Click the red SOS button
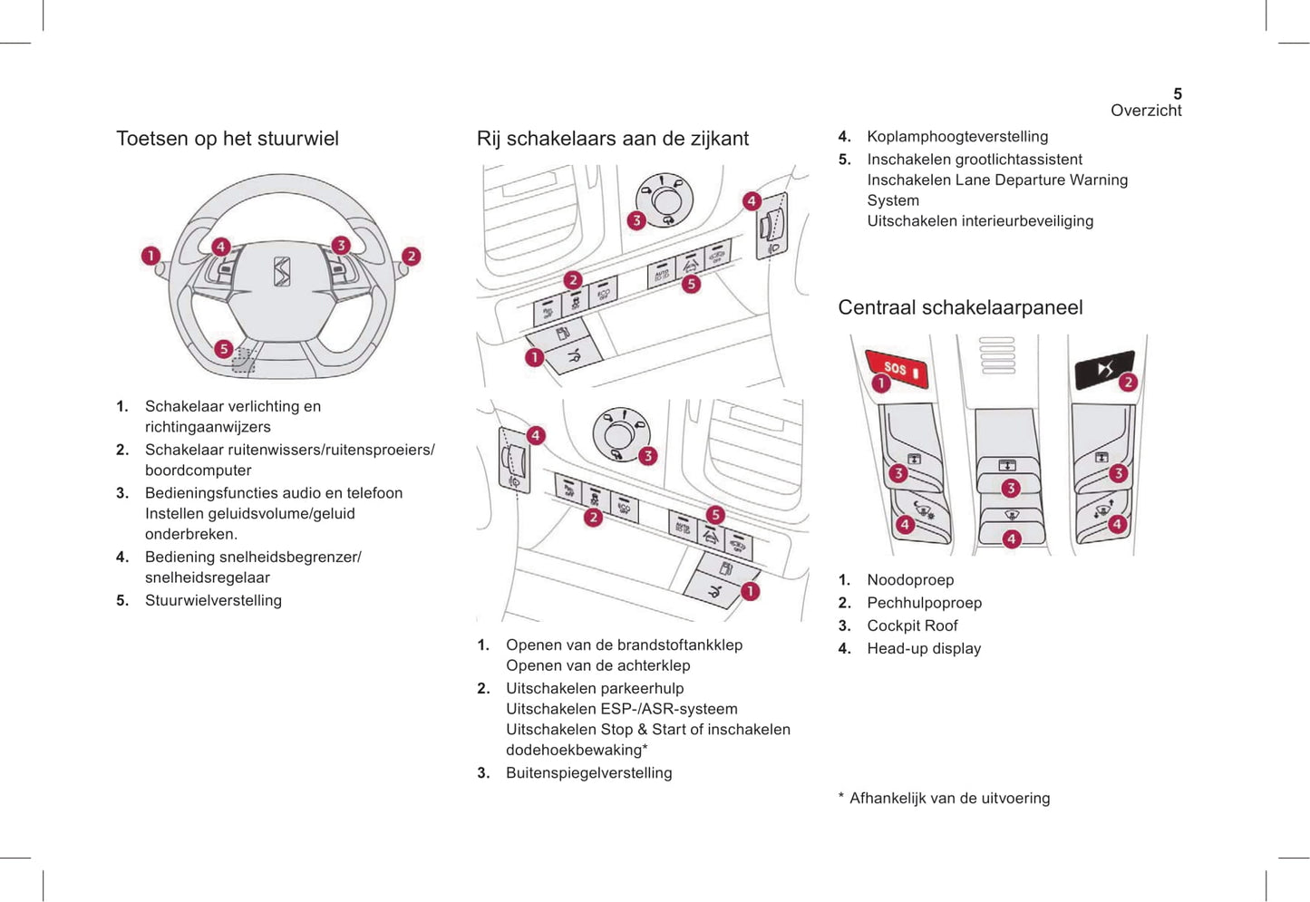tap(897, 368)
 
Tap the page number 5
tap(1177, 93)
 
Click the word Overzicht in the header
tap(1146, 111)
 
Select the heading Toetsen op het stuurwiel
tap(228, 139)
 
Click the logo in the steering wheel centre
tap(282, 271)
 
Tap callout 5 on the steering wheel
tap(223, 349)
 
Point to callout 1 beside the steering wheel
tap(150, 257)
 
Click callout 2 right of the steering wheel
tap(411, 257)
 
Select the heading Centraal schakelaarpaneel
tap(960, 307)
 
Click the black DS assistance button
tap(1102, 369)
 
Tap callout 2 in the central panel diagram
tap(1128, 382)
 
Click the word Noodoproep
tap(910, 580)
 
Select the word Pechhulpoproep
tap(924, 603)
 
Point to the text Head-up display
tap(924, 648)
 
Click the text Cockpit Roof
tap(912, 626)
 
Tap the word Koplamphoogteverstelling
tap(957, 137)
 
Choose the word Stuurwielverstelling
tap(213, 600)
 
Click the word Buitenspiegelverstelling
tap(589, 773)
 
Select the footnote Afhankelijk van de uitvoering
tap(949, 799)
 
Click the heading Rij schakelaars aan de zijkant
tap(613, 139)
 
